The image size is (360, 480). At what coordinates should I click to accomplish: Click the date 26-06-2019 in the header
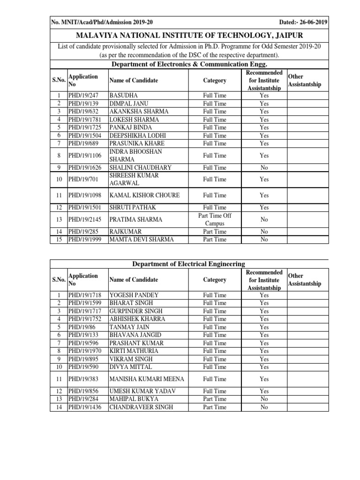[x=312, y=22]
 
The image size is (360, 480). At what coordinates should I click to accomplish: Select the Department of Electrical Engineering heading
[x=188, y=264]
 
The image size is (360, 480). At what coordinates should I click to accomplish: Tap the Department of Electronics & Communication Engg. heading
[x=188, y=64]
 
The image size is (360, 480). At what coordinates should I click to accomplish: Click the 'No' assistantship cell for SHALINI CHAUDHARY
[x=264, y=167]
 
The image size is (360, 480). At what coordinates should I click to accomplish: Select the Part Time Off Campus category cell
[x=214, y=219]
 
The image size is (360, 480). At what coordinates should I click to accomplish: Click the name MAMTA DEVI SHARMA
[x=141, y=240]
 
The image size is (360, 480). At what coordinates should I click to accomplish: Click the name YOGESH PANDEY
[x=134, y=295]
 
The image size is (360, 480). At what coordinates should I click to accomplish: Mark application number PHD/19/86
[x=80, y=327]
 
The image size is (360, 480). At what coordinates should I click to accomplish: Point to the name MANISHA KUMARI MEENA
[x=146, y=379]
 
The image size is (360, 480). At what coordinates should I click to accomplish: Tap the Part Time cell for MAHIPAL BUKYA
[x=214, y=399]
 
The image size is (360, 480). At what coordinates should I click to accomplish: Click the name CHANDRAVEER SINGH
[x=141, y=407]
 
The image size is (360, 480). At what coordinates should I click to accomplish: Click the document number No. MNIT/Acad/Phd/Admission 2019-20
[x=102, y=22]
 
